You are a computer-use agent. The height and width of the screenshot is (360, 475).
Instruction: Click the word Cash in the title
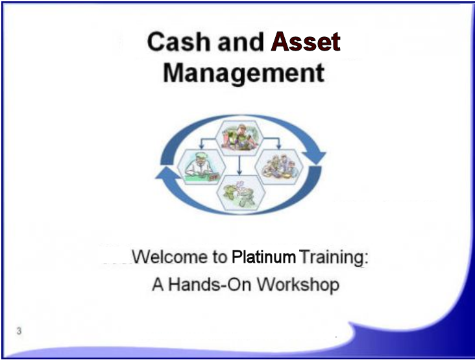coord(178,41)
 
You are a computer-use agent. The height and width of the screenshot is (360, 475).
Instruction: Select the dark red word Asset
coord(306,41)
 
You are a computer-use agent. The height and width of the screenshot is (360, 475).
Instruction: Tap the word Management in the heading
coord(244,73)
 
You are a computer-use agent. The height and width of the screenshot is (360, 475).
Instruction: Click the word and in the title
coord(241,41)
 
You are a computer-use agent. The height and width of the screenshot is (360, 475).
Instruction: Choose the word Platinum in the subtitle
coord(263,258)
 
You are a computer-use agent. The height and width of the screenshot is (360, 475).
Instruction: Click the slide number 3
coord(19,331)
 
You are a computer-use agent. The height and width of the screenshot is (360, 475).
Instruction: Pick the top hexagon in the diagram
coord(239,138)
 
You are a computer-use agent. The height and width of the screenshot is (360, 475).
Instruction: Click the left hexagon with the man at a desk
coord(201,167)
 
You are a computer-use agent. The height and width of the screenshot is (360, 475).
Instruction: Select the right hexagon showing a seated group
coord(279,167)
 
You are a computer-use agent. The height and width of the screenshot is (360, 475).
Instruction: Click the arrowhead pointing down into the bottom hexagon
coord(239,173)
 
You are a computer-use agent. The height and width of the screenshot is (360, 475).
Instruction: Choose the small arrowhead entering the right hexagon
coord(278,147)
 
